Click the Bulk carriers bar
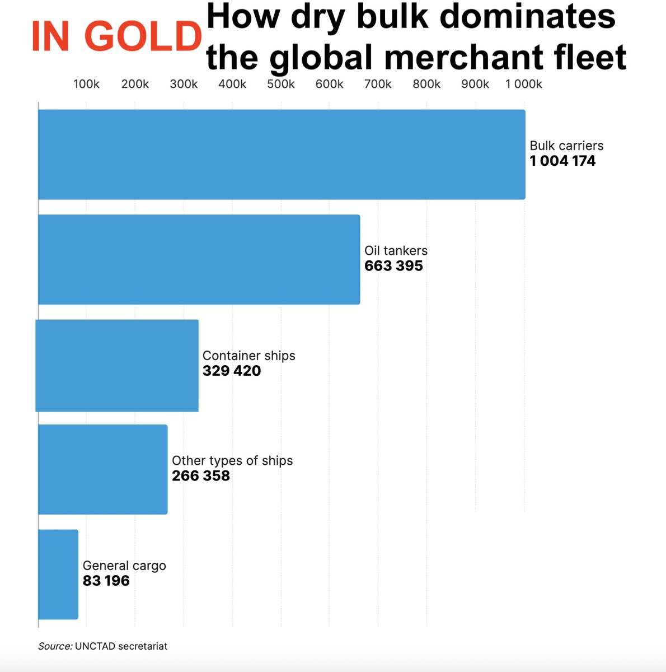pos(282,155)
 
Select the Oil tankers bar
pos(199,259)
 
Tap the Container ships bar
pos(117,365)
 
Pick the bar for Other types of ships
pos(102,469)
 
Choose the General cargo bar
pos(58,574)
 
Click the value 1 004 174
pos(562,161)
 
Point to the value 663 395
pos(393,266)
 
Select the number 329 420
pos(232,371)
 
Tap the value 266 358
pos(201,476)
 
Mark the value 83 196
pos(106,581)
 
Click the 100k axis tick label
pos(86,84)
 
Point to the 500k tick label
pos(281,84)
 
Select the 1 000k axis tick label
pos(523,84)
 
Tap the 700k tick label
pos(378,84)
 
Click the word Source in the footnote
pos(54,646)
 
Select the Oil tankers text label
pos(396,251)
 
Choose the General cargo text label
pos(124,566)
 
